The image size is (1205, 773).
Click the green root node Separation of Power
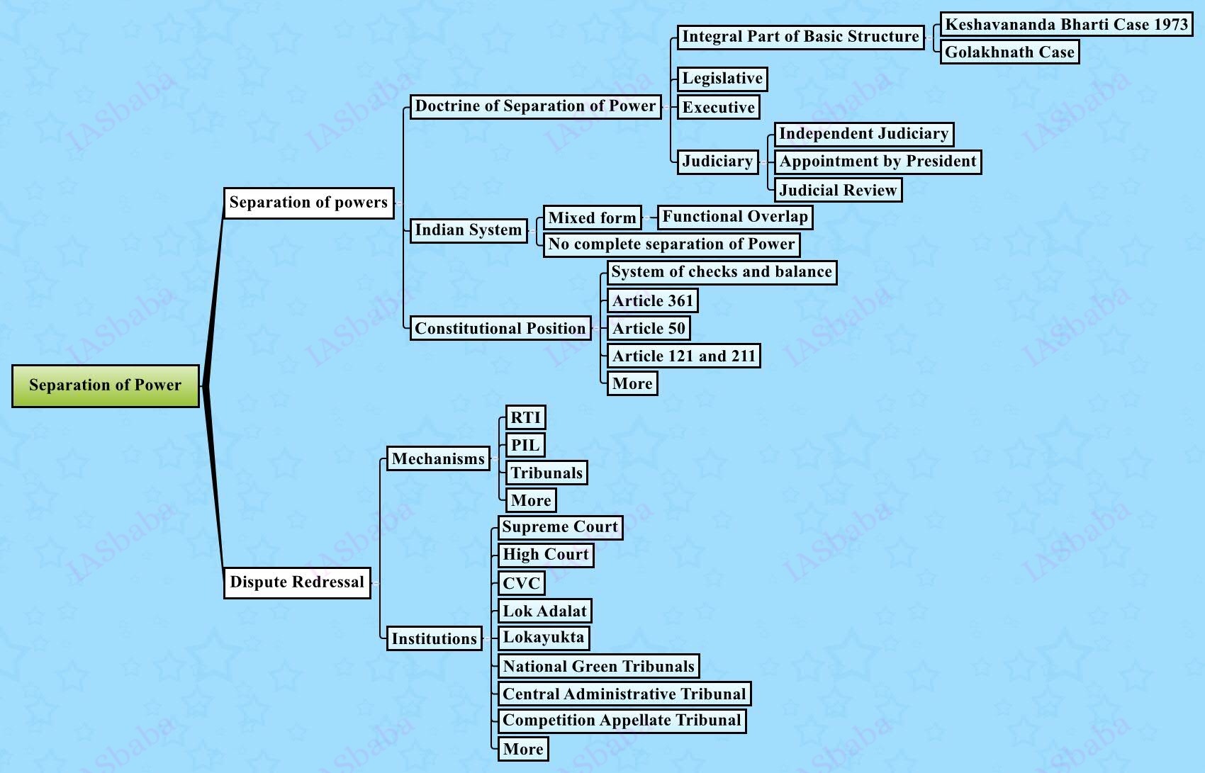[x=106, y=385]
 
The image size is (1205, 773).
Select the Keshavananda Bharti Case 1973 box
[x=1066, y=25]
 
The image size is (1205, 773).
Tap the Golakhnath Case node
[x=1009, y=52]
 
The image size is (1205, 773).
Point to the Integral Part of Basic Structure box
[x=800, y=37]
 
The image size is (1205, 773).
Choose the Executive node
[x=718, y=108]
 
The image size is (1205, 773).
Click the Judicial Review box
[x=838, y=190]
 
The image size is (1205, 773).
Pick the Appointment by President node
[x=878, y=162]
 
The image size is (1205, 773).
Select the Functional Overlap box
[x=735, y=217]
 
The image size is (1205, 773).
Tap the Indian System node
[x=468, y=230]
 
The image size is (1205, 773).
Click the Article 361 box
[x=652, y=301]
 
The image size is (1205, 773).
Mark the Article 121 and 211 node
[x=683, y=356]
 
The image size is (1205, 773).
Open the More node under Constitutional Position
[x=632, y=384]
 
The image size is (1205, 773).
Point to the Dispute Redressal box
[x=297, y=582]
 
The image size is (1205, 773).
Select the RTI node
[x=525, y=418]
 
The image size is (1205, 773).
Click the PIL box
[x=525, y=446]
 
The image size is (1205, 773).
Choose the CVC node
[x=521, y=584]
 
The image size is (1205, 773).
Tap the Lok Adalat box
[x=544, y=611]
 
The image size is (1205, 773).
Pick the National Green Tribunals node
[x=598, y=666]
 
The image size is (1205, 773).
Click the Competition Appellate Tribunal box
[x=622, y=721]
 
